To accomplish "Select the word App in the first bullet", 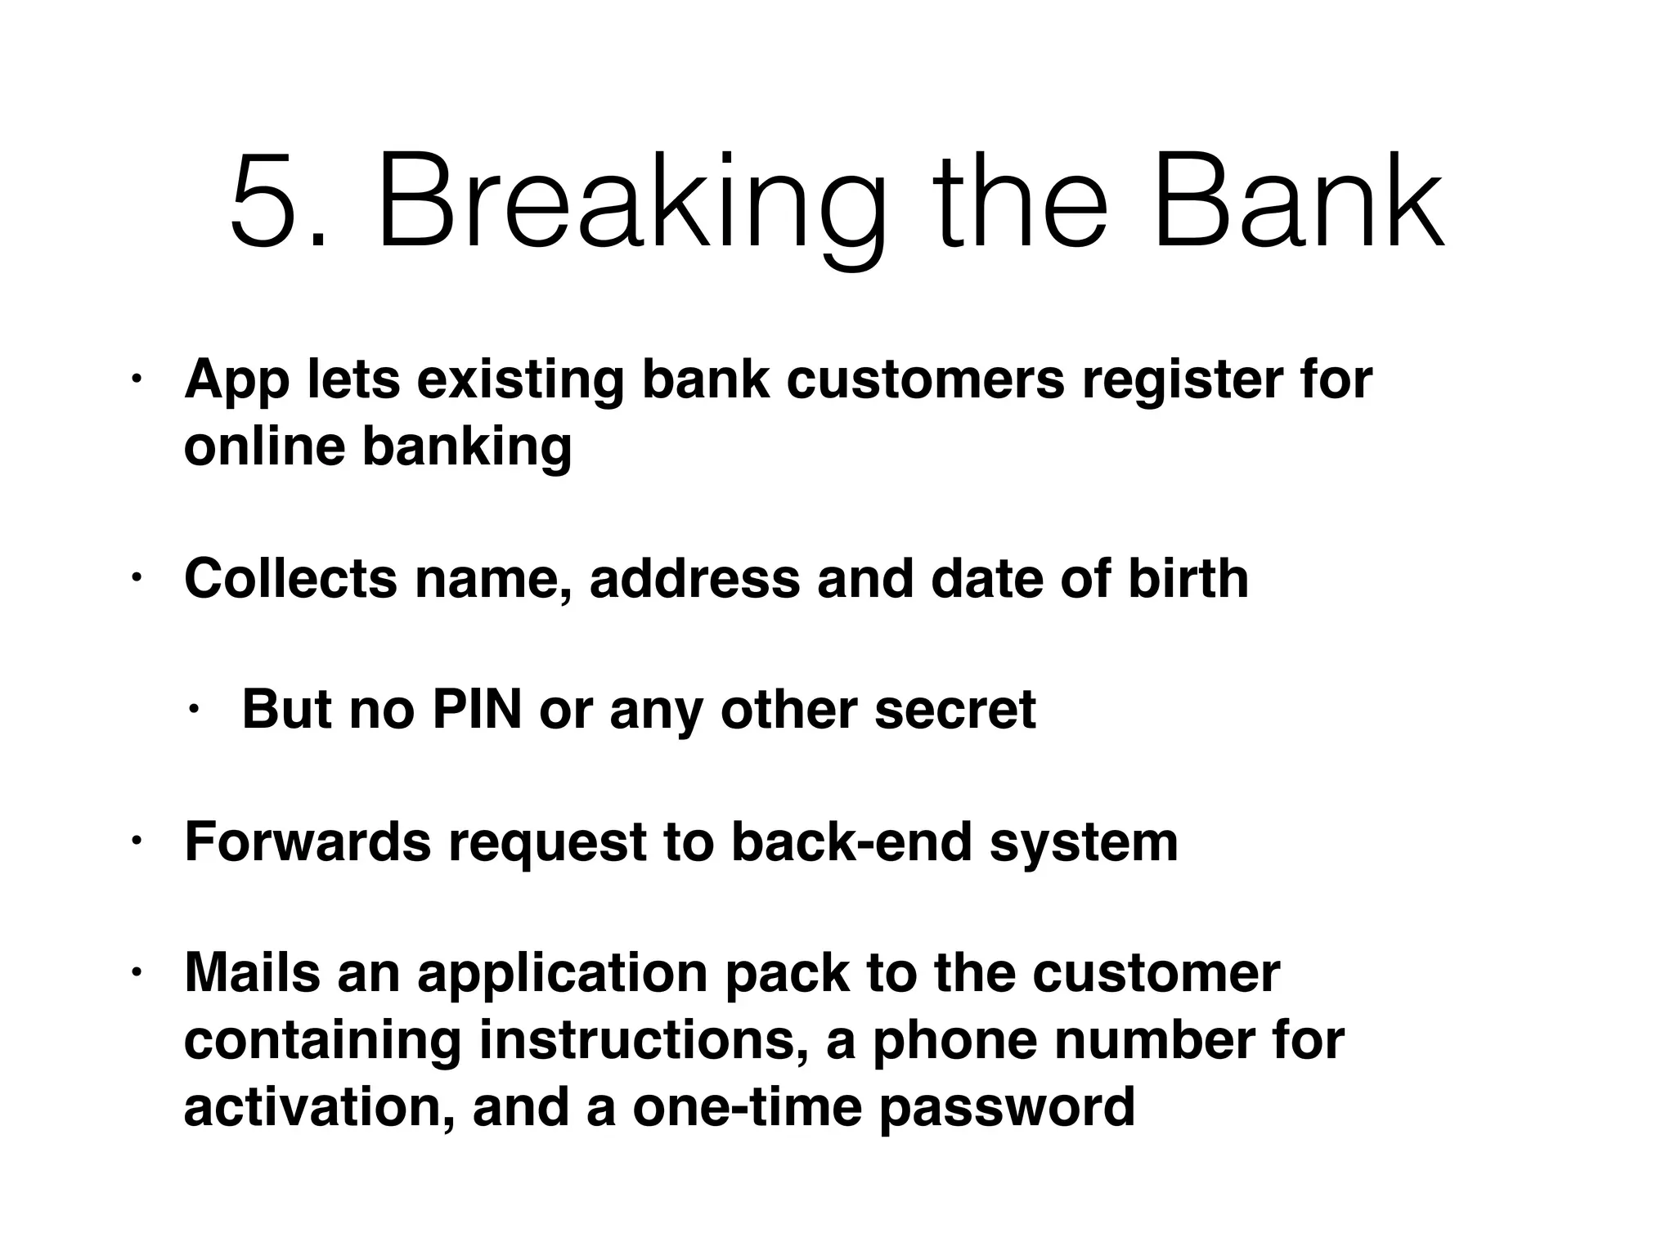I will click(x=236, y=382).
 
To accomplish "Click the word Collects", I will click(x=290, y=579).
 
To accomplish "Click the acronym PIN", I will click(x=477, y=709).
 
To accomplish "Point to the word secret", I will click(x=954, y=709).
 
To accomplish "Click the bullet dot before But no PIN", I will click(x=193, y=711).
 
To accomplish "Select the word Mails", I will click(x=252, y=973).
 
